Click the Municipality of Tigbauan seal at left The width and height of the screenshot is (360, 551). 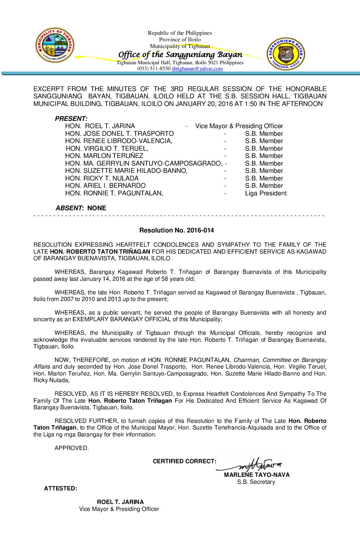(55, 45)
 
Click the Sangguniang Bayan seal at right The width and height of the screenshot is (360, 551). (286, 54)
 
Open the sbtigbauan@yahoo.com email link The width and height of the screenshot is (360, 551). (197, 69)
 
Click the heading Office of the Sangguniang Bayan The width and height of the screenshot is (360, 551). (180, 54)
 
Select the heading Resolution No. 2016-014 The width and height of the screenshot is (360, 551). (176, 230)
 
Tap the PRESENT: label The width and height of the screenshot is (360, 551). (71, 119)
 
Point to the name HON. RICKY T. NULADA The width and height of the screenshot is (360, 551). (102, 178)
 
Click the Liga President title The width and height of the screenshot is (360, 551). (266, 193)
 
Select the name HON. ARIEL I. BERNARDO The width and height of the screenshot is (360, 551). (105, 185)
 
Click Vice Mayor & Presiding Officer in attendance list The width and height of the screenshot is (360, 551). (239, 126)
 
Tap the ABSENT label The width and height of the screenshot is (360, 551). (68, 208)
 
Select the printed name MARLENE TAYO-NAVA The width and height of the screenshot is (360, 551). (257, 475)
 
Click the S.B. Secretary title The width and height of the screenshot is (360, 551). (256, 482)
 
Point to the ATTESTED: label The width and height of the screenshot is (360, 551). (61, 488)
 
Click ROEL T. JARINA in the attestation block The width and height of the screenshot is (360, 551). (120, 502)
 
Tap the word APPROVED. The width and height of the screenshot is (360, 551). (71, 448)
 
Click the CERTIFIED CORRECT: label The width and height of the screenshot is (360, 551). (185, 461)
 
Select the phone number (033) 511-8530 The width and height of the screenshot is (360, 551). (154, 69)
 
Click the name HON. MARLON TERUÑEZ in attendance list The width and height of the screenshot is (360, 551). (104, 156)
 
